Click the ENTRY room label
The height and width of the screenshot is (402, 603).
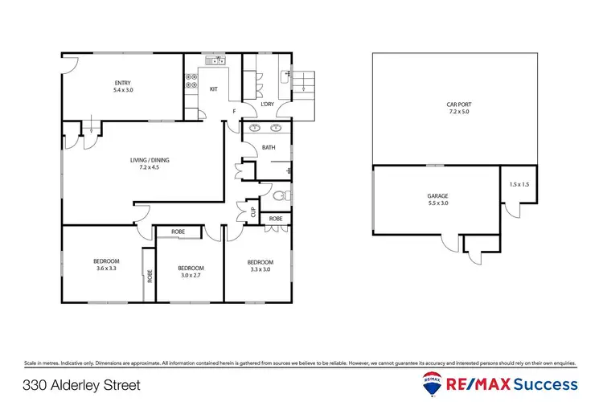pos(122,82)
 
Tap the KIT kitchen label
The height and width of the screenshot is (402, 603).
pos(214,88)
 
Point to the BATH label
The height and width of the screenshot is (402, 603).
pos(269,147)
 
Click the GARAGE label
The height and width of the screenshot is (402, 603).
pos(437,195)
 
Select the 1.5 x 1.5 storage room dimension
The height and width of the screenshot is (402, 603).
pos(519,185)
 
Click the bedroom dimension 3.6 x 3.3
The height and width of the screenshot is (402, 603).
pos(106,269)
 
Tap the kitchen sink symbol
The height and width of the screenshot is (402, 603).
pos(215,60)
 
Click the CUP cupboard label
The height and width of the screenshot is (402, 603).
pos(253,211)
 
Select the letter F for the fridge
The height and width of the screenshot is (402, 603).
pos(235,110)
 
